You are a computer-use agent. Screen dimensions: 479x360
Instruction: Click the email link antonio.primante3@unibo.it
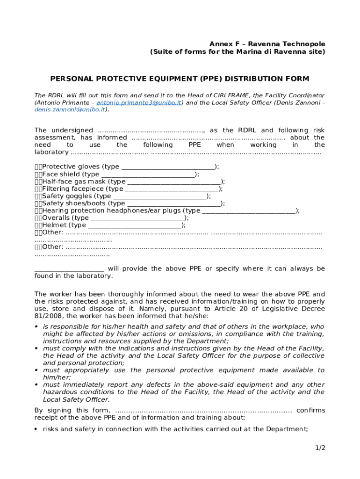coord(139,102)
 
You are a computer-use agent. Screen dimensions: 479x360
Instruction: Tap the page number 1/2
coord(320,448)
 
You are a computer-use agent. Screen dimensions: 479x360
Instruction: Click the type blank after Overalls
coord(137,218)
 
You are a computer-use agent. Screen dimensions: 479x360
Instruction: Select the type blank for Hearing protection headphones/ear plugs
coord(249,211)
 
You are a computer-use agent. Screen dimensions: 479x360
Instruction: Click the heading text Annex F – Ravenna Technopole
coord(267,44)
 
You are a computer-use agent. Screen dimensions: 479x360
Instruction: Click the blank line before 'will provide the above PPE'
coord(69,269)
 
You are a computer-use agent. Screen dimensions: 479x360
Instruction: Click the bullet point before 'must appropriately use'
coord(36,370)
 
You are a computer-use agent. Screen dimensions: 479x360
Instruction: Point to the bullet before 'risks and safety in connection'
coord(36,429)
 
